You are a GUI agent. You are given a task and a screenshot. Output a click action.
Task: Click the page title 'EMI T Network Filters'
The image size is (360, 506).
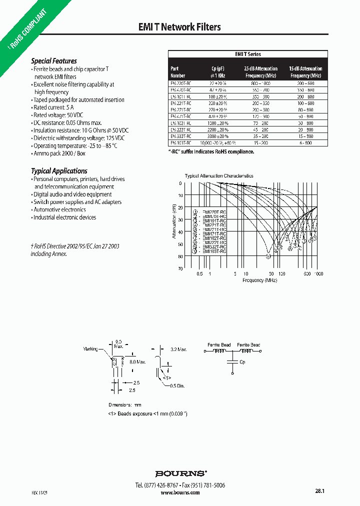[x=179, y=27]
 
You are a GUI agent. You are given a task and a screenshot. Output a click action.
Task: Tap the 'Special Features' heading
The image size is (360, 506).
[x=54, y=61]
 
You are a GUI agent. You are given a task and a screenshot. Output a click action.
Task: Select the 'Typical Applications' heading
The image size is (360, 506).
[x=59, y=171]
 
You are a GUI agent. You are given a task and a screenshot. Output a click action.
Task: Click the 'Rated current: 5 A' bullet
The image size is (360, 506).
[x=53, y=107]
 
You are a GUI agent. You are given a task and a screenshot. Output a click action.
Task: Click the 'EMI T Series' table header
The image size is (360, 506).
[x=248, y=54]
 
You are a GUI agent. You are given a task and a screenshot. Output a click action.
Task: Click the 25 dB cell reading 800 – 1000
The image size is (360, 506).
[x=260, y=83]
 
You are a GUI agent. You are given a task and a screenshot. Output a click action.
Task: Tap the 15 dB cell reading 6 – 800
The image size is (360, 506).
[x=305, y=142]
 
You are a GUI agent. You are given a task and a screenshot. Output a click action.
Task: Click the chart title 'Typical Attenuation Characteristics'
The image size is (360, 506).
[x=219, y=176]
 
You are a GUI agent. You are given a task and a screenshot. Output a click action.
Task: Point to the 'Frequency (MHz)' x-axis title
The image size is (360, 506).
[x=259, y=280]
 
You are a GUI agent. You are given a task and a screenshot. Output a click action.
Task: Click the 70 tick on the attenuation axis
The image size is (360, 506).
[x=180, y=269]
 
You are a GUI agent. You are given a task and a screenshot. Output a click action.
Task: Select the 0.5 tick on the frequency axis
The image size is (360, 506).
[x=199, y=274]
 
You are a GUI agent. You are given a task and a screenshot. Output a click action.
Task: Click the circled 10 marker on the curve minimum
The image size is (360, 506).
[x=268, y=256]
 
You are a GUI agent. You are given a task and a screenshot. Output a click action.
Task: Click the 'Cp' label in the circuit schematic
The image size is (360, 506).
[x=242, y=362]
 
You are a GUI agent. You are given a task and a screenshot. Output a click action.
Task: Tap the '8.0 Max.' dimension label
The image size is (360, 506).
[x=137, y=361]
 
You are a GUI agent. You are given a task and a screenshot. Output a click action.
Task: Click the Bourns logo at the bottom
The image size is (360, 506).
[x=180, y=473]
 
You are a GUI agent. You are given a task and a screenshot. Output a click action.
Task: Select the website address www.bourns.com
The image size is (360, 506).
[x=180, y=492]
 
